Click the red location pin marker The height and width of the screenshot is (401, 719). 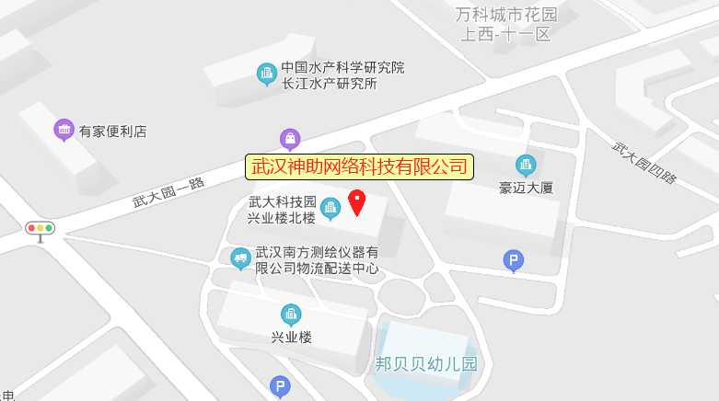click(357, 200)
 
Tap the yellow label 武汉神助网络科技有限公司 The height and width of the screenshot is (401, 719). click(359, 166)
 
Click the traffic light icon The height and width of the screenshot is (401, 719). click(41, 229)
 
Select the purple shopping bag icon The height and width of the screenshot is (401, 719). click(290, 139)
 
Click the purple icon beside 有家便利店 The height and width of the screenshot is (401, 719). click(64, 130)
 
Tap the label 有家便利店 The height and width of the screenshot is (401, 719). click(112, 131)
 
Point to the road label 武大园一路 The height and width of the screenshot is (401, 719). click(168, 190)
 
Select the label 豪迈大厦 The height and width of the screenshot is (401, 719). click(526, 188)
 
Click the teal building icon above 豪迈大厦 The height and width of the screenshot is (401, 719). click(526, 166)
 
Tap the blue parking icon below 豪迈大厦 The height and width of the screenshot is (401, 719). click(513, 260)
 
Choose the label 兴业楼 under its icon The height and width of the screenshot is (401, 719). click(291, 337)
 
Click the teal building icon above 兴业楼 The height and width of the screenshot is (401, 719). click(291, 315)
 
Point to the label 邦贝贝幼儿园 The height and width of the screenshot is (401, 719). click(426, 363)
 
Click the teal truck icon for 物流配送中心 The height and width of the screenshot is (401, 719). click(241, 258)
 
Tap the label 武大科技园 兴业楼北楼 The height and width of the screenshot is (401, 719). click(282, 210)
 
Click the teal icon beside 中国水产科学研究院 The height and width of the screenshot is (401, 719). click(267, 73)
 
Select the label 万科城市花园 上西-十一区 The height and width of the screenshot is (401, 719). click(506, 25)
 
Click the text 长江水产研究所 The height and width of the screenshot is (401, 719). click(330, 84)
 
